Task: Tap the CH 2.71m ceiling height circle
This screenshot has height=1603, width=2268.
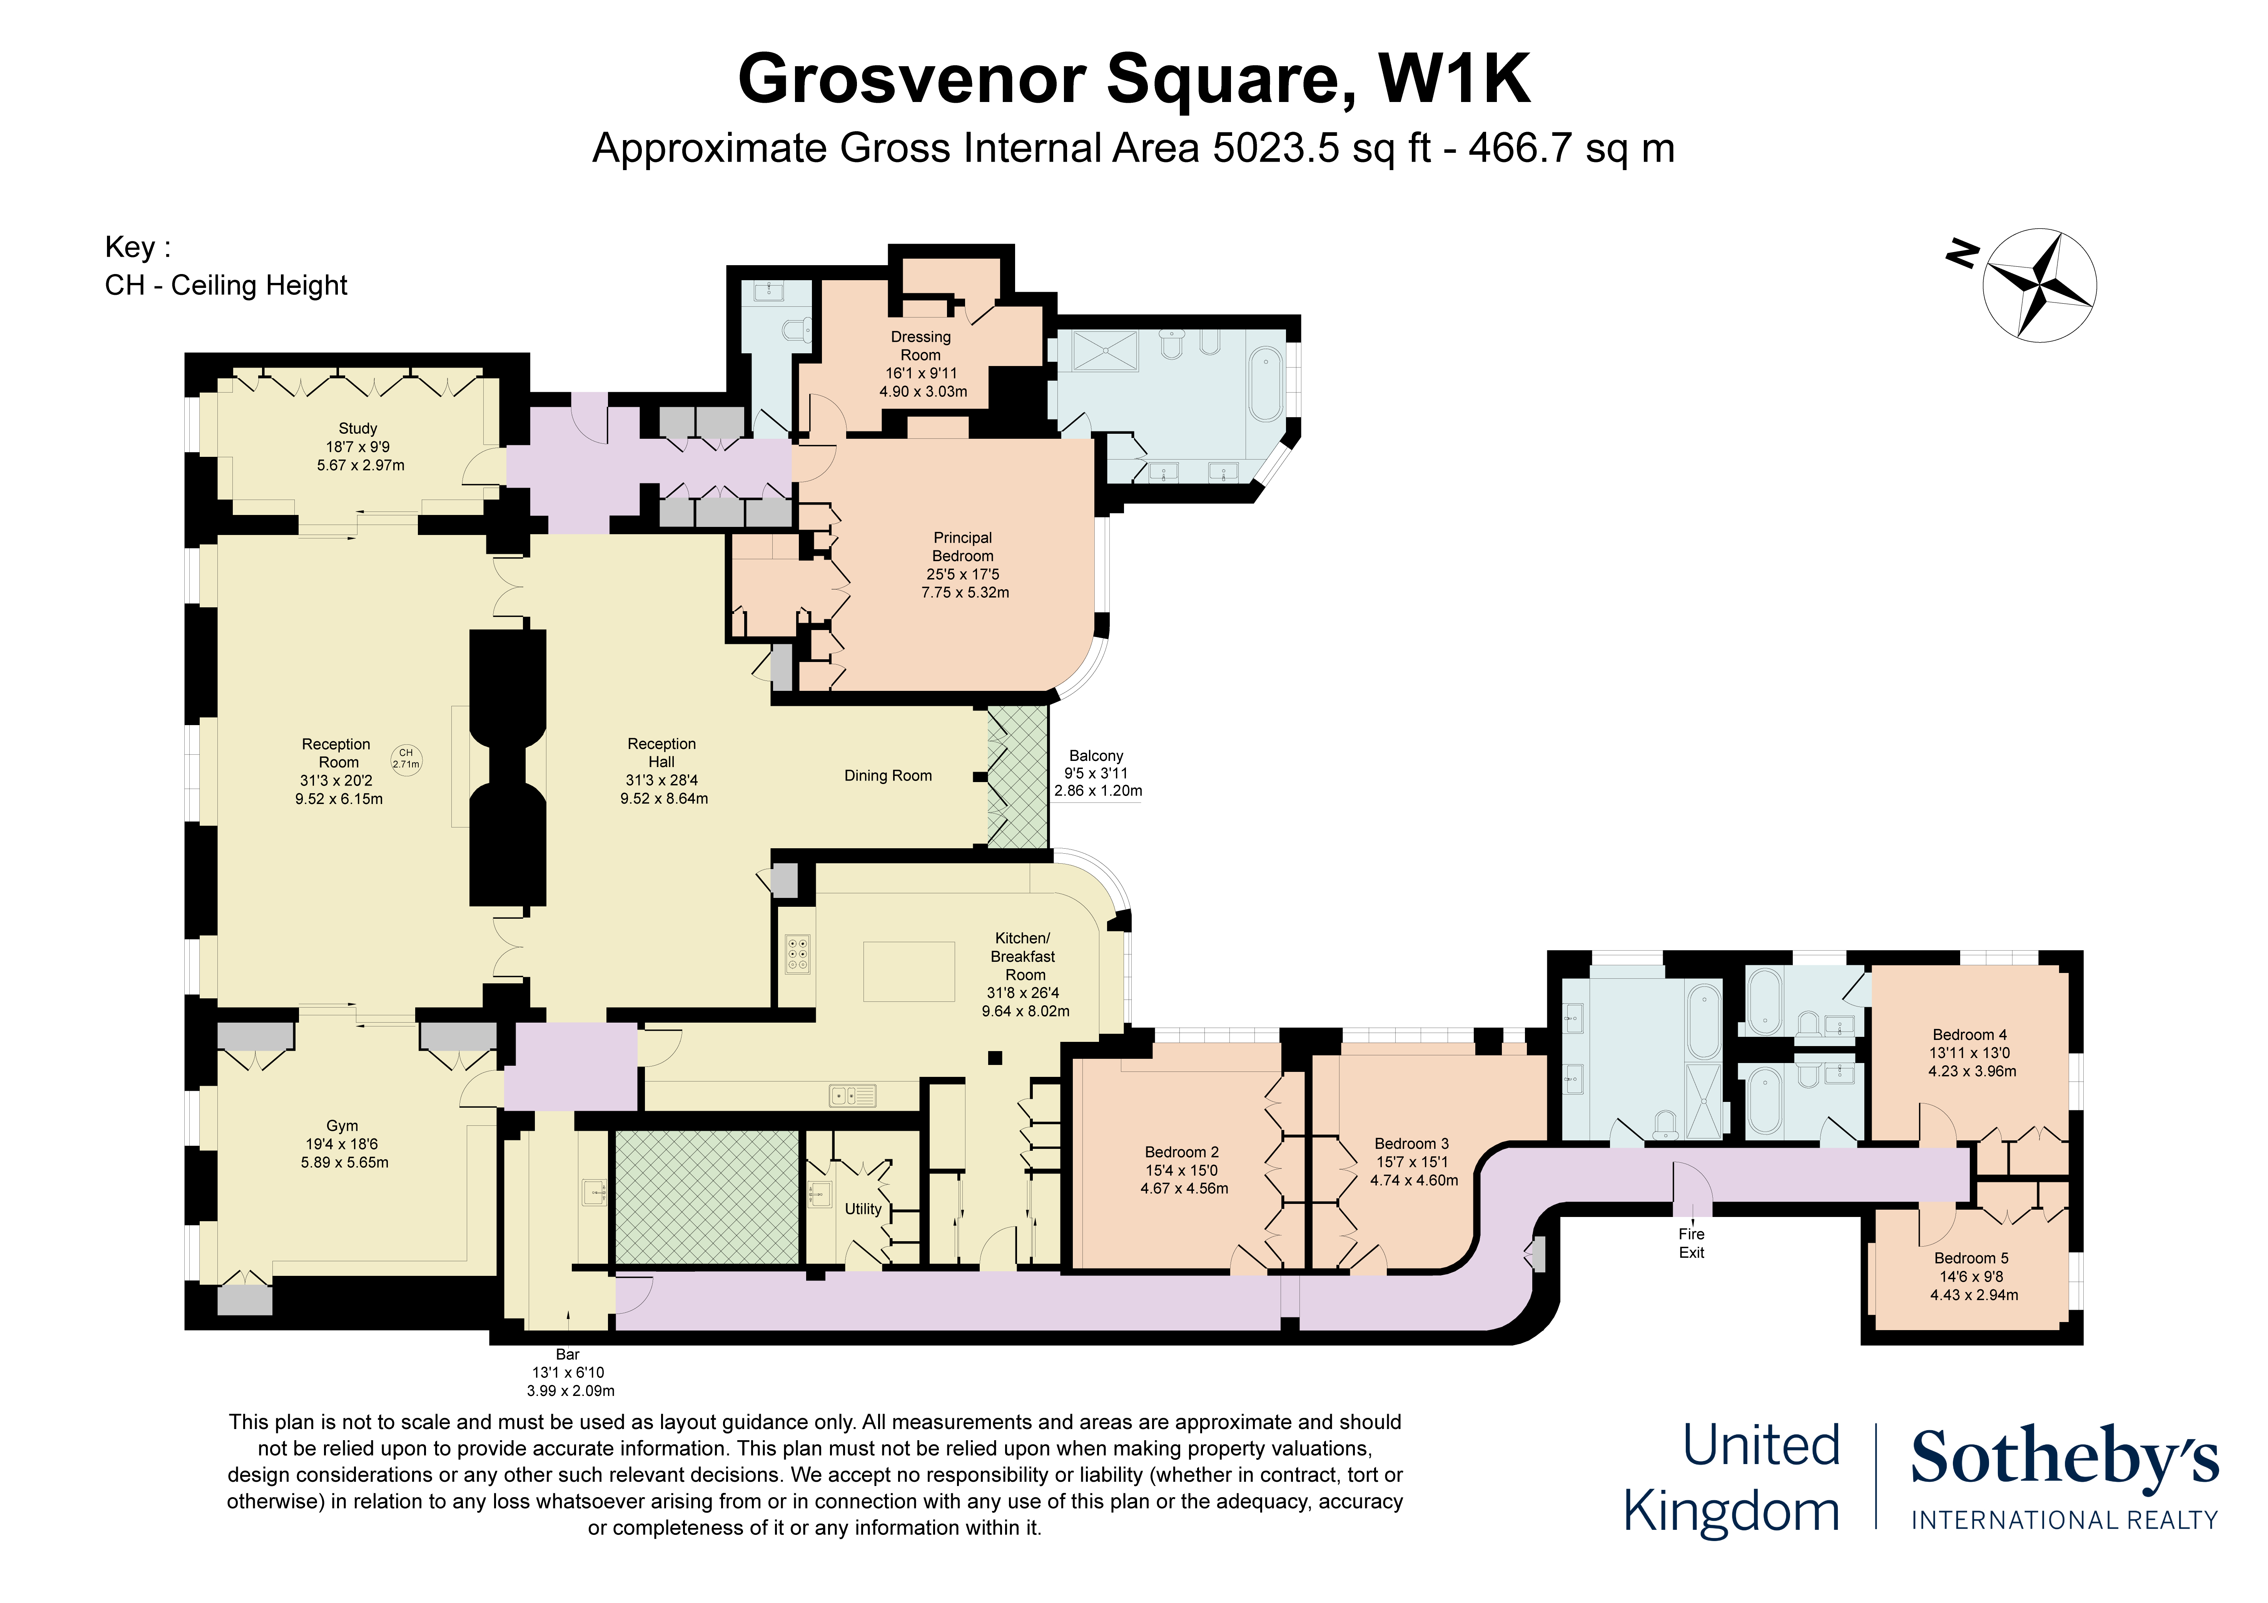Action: point(406,758)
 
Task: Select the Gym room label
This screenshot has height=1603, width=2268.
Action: point(342,1126)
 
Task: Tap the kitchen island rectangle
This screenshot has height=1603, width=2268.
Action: point(909,971)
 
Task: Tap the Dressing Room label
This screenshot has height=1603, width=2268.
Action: point(921,346)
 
